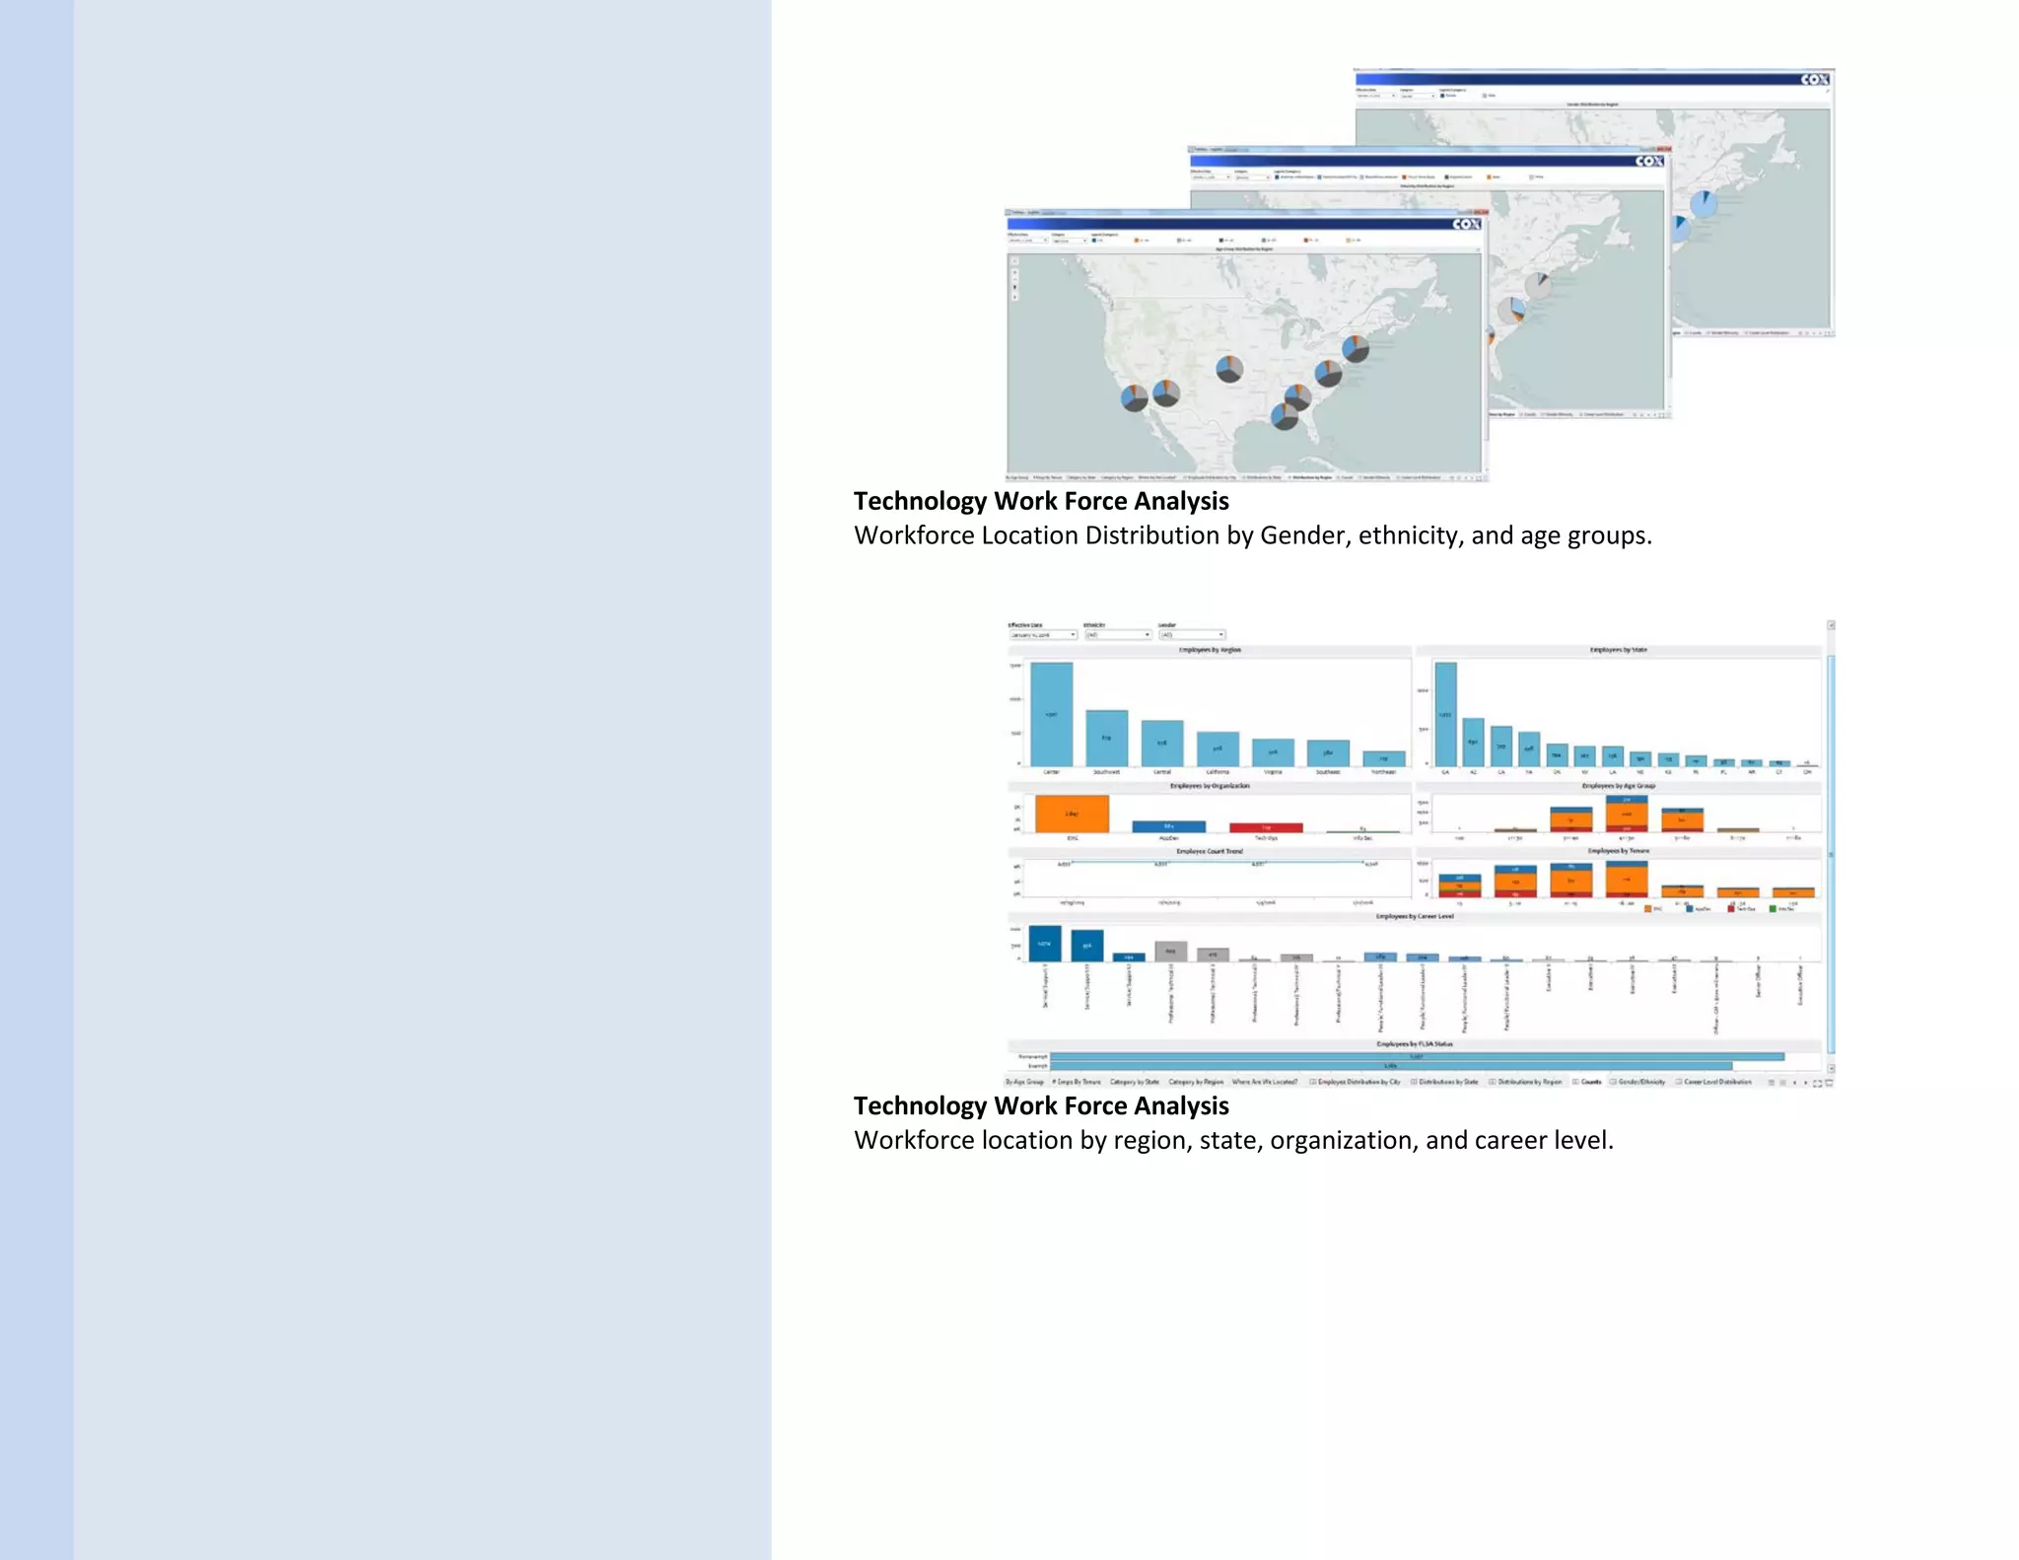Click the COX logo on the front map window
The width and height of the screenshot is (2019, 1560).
(x=1466, y=225)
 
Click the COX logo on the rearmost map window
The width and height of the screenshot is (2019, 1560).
(x=1814, y=80)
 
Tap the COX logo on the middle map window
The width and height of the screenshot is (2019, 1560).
(x=1649, y=161)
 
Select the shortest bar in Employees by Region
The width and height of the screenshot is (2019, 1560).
(x=1383, y=758)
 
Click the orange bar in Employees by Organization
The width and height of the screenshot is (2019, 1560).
(x=1072, y=814)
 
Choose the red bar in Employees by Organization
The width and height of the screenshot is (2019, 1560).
(x=1266, y=827)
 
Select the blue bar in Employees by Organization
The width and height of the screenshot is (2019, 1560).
(x=1168, y=826)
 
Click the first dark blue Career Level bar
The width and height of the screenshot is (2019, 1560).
(x=1044, y=943)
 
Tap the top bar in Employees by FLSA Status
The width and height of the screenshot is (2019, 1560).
(x=1416, y=1056)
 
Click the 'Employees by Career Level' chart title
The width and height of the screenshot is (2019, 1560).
(x=1415, y=916)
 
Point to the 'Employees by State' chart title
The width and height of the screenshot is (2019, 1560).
(x=1618, y=650)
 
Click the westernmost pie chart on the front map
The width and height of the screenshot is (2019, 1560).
(x=1134, y=398)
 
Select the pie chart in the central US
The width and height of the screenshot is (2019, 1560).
(x=1228, y=370)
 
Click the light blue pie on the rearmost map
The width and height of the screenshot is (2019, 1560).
(x=1703, y=204)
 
